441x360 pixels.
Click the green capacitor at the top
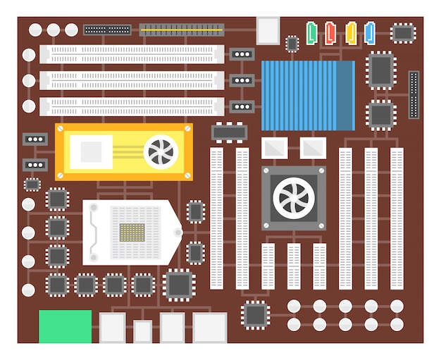coord(312,32)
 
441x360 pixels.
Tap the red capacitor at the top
coord(330,32)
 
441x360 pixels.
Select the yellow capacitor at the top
coord(351,32)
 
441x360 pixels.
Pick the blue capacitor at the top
coord(370,32)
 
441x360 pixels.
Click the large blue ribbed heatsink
coord(308,95)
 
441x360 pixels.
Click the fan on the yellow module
coord(161,151)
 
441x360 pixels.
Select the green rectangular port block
coord(65,326)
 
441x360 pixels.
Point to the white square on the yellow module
coord(91,151)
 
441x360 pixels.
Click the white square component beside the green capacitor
coord(268,30)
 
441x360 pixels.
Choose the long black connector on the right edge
coord(414,94)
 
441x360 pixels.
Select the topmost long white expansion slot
coord(132,54)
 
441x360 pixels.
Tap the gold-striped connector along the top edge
coord(181,30)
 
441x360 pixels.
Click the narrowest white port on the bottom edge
coord(143,331)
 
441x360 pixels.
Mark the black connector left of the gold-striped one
coord(107,30)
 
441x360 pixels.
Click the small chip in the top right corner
coord(403,32)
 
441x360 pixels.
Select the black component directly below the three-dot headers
coord(228,131)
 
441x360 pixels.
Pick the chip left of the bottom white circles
coord(255,314)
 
